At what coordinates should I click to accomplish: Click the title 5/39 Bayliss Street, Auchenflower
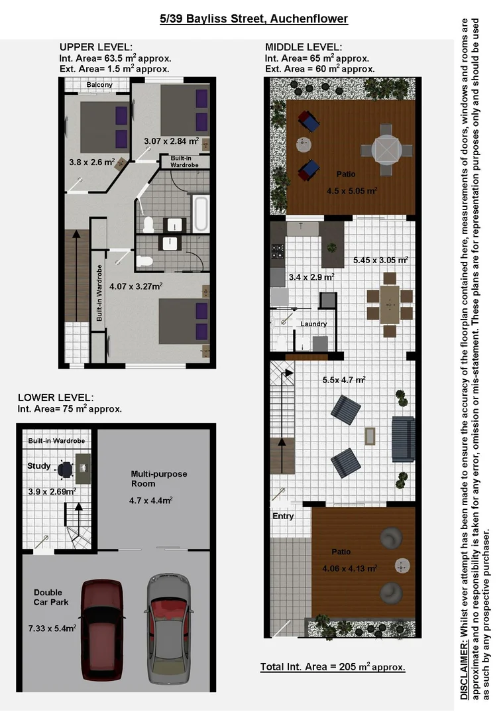(254, 19)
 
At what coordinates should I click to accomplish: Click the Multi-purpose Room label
(159, 479)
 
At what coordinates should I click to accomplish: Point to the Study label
(38, 466)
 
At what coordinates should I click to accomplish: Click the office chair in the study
(64, 469)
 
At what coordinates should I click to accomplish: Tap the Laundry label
(313, 324)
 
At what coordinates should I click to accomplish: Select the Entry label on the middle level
(283, 516)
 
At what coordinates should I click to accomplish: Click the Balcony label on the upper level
(99, 85)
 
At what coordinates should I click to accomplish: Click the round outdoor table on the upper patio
(386, 149)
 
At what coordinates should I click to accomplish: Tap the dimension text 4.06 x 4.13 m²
(349, 568)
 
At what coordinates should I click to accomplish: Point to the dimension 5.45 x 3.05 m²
(380, 260)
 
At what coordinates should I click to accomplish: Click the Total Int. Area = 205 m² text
(332, 667)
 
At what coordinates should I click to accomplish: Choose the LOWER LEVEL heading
(56, 398)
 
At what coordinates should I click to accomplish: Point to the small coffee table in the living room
(370, 436)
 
